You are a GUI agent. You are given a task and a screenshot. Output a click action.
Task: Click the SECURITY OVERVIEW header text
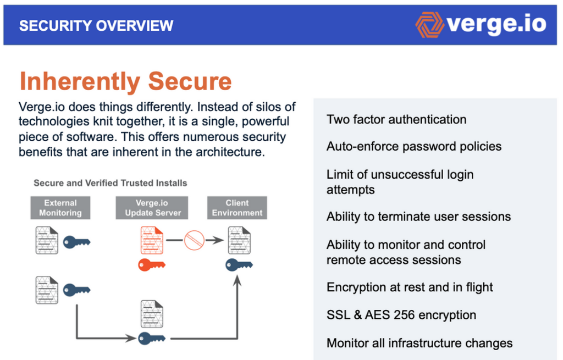pyautogui.click(x=96, y=25)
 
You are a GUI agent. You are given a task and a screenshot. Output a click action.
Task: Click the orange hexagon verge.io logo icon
pyautogui.click(x=429, y=25)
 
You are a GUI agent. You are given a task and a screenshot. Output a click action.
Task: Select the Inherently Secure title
pyautogui.click(x=125, y=81)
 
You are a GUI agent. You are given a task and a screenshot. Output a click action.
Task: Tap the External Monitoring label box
pyautogui.click(x=60, y=208)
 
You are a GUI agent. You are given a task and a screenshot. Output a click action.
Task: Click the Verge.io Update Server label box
pyautogui.click(x=153, y=208)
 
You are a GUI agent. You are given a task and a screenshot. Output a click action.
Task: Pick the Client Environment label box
pyautogui.click(x=237, y=208)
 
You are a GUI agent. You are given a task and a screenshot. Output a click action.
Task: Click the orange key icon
pyautogui.click(x=151, y=265)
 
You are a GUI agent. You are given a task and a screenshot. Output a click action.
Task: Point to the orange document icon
pyautogui.click(x=152, y=240)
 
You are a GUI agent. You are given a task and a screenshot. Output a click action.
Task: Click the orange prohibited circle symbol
pyautogui.click(x=194, y=240)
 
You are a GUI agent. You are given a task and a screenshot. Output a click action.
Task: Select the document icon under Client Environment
pyautogui.click(x=239, y=240)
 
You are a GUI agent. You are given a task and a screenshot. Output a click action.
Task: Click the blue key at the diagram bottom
pyautogui.click(x=151, y=337)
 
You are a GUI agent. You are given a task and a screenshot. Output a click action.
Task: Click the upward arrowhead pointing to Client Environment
pyautogui.click(x=238, y=281)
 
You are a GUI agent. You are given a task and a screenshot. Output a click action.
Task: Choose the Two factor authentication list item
pyautogui.click(x=396, y=119)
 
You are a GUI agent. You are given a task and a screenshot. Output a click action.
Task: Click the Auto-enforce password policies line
pyautogui.click(x=414, y=146)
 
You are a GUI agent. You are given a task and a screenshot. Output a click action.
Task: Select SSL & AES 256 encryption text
pyautogui.click(x=401, y=315)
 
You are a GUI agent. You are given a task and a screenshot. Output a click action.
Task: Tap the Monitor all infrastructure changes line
pyautogui.click(x=420, y=343)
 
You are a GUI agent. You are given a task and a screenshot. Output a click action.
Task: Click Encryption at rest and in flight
pyautogui.click(x=410, y=287)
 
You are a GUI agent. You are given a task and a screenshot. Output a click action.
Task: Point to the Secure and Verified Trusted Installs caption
pyautogui.click(x=111, y=183)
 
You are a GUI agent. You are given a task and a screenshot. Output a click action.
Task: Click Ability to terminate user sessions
pyautogui.click(x=418, y=216)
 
